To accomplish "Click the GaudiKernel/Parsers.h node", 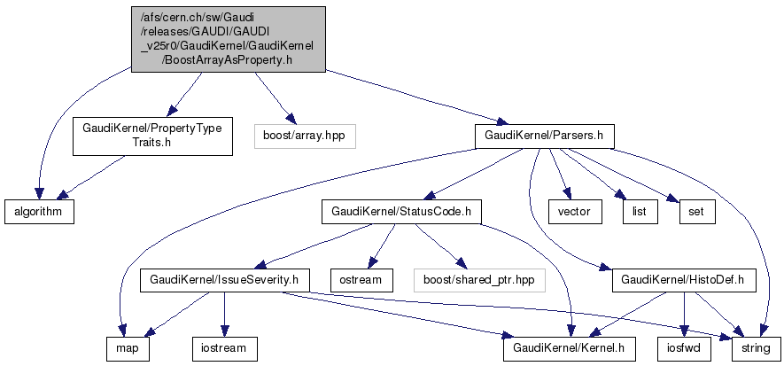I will point(545,136).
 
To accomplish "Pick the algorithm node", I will point(38,212).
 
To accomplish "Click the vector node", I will point(575,212).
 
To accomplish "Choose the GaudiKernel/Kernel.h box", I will point(569,348).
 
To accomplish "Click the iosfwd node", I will point(684,348).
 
